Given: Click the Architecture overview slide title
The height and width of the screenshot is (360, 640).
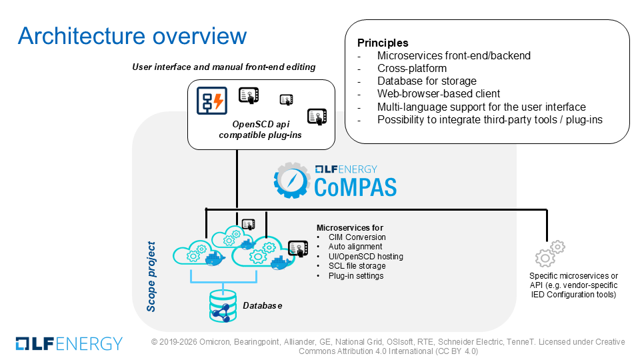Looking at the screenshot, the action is click(132, 36).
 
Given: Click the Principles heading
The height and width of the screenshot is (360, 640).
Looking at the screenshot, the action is click(383, 43).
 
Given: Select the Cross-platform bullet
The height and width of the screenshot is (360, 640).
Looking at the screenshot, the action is click(412, 68).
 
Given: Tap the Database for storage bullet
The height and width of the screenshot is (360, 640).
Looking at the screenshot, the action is click(427, 81).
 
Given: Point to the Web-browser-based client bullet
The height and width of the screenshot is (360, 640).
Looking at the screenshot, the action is click(439, 93).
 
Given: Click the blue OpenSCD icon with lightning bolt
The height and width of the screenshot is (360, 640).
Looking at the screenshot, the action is click(212, 101).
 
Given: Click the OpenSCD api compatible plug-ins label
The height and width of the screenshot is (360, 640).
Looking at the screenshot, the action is click(261, 129).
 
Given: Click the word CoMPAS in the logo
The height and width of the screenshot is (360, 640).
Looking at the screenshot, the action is click(355, 187).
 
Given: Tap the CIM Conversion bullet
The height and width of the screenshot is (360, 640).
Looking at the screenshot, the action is click(357, 237).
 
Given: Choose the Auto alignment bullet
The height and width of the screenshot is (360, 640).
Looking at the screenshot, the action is click(355, 247).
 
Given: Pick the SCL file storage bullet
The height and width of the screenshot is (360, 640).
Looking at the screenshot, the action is click(357, 266).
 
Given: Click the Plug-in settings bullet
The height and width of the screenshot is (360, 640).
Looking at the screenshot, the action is click(356, 275).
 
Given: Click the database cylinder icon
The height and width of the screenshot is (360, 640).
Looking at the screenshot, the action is click(223, 306).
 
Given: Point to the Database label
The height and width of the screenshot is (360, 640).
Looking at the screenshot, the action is click(263, 306).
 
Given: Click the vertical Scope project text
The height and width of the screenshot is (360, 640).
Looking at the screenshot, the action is click(151, 277).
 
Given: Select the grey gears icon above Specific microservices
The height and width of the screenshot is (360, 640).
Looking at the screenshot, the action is click(550, 253).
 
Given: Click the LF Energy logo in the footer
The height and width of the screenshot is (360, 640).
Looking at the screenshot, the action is click(69, 344).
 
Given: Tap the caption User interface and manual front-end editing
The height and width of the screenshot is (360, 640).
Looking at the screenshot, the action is click(224, 67).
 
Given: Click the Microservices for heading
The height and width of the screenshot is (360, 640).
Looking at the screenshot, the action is click(350, 228).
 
